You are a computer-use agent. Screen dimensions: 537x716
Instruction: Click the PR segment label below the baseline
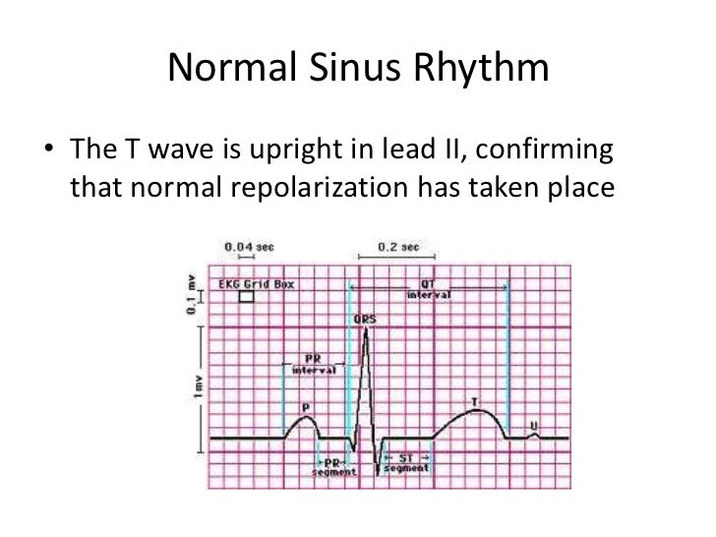pyautogui.click(x=327, y=465)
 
